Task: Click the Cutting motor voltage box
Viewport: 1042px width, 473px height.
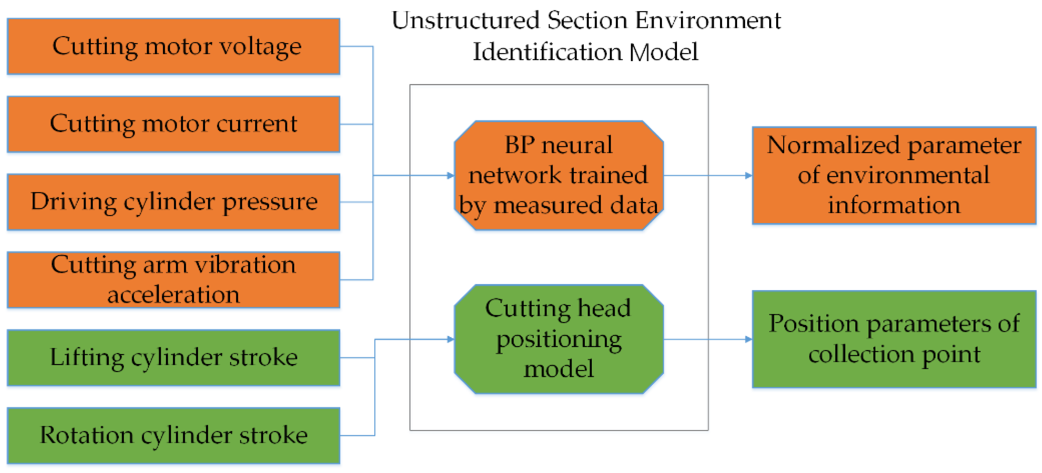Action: point(173,46)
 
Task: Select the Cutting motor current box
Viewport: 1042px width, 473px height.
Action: point(173,124)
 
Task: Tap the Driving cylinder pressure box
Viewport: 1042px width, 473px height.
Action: point(173,202)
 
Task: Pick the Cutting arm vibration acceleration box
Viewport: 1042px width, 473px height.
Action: point(173,279)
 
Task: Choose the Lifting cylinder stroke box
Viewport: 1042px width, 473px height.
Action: point(173,357)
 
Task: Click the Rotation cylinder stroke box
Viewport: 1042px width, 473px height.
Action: point(173,435)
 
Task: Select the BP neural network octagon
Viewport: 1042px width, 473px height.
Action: point(559,175)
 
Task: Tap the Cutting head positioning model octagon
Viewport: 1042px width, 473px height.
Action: point(559,339)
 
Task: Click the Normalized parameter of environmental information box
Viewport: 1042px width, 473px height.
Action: point(894,175)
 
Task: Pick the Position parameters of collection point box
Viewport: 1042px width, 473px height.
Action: point(894,339)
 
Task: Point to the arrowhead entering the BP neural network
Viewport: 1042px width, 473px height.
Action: point(450,175)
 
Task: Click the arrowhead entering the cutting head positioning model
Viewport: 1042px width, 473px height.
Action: point(450,339)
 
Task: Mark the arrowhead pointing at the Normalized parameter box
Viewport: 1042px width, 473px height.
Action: point(748,175)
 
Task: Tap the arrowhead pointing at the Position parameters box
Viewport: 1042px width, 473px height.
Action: point(748,339)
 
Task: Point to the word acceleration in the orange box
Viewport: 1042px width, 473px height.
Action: point(173,295)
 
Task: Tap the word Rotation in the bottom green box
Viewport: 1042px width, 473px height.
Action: point(87,435)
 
